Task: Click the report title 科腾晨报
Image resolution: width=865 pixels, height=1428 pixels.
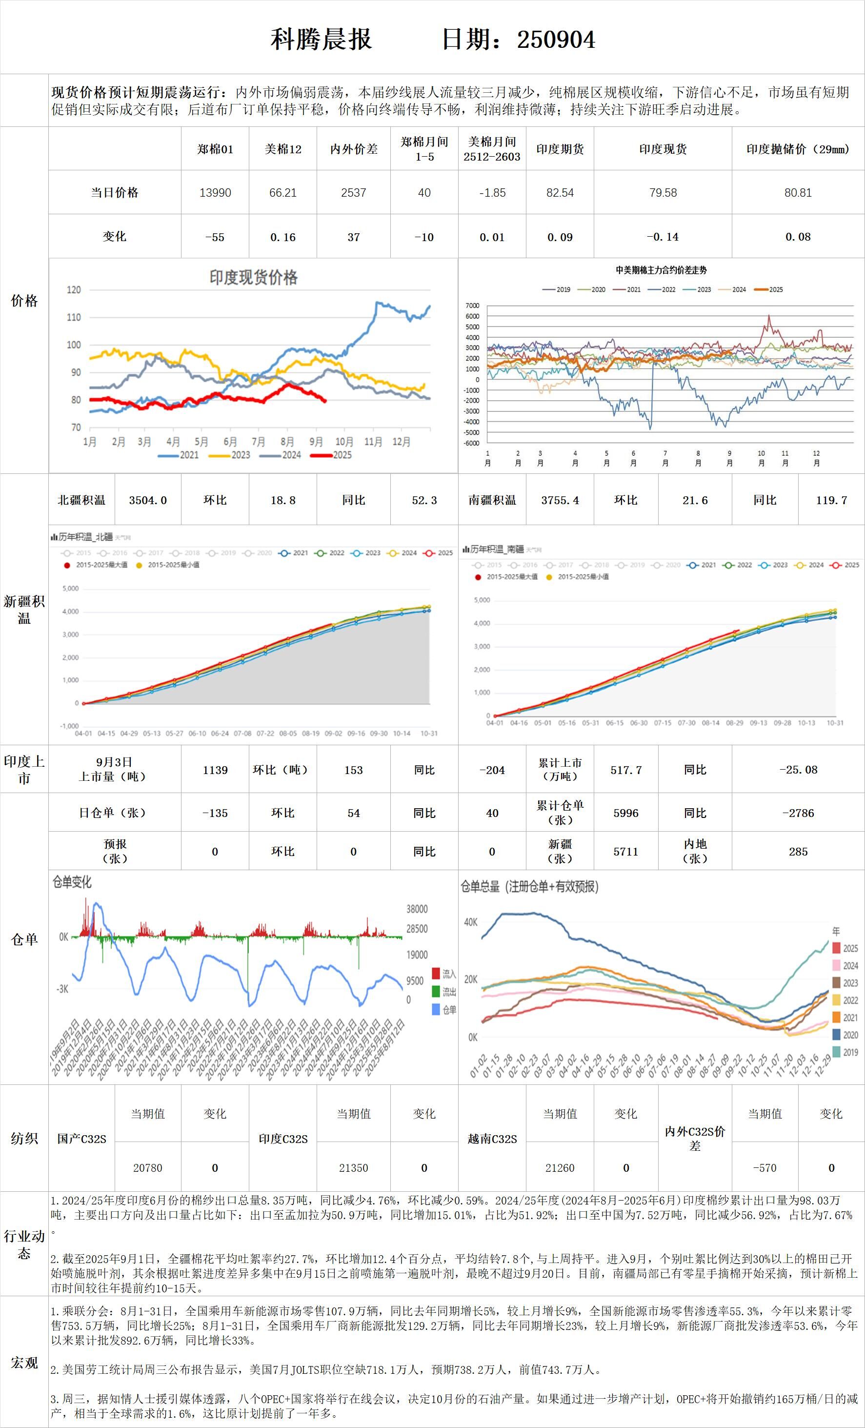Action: pyautogui.click(x=321, y=40)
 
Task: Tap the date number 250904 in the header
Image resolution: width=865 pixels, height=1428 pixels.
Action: pyautogui.click(x=556, y=40)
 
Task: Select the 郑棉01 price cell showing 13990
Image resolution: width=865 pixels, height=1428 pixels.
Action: pyautogui.click(x=215, y=192)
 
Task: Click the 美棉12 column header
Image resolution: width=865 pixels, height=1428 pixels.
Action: pyautogui.click(x=283, y=149)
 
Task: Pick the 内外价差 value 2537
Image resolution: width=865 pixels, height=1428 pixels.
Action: pyautogui.click(x=353, y=192)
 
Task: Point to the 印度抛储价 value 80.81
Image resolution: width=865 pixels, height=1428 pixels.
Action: pyautogui.click(x=798, y=192)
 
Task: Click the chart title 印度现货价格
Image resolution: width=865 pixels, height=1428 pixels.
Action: pyautogui.click(x=253, y=278)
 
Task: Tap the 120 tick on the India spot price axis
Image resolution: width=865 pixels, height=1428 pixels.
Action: pyautogui.click(x=74, y=290)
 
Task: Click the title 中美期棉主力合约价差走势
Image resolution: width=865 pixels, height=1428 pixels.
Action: pyautogui.click(x=661, y=270)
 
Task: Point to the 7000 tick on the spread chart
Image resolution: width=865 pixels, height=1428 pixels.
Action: pyautogui.click(x=472, y=306)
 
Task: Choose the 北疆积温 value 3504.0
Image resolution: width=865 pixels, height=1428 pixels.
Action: pyautogui.click(x=148, y=500)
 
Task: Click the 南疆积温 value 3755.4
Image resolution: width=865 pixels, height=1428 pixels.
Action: pyautogui.click(x=560, y=500)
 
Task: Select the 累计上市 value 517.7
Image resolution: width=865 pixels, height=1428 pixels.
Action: pyautogui.click(x=626, y=770)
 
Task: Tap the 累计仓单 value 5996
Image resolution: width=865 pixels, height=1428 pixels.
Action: pyautogui.click(x=626, y=813)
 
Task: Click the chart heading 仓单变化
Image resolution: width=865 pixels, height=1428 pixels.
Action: pyautogui.click(x=72, y=882)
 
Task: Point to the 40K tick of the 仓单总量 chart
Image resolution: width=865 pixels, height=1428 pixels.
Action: pyautogui.click(x=470, y=922)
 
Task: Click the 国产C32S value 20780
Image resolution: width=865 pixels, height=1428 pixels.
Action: pyautogui.click(x=148, y=1168)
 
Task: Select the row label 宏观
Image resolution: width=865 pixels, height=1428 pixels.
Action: pyautogui.click(x=24, y=1363)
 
